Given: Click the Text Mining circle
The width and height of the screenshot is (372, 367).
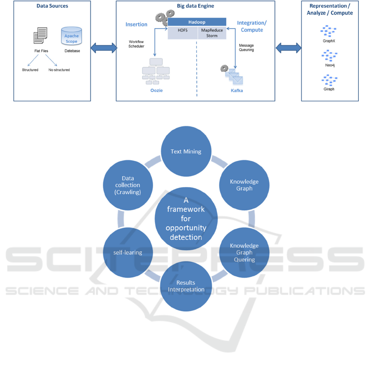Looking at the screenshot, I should [186, 151].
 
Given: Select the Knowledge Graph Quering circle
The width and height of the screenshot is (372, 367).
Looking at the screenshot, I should [244, 252].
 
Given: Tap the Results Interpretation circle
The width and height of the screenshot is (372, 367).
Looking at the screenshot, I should [186, 285].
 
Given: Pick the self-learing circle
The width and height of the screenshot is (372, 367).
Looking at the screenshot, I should [128, 252].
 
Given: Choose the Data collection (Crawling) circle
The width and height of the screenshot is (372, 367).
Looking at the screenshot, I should [128, 185].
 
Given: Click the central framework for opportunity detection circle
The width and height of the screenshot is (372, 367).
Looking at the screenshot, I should [186, 218].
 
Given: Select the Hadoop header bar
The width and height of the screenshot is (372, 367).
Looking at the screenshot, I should [197, 22].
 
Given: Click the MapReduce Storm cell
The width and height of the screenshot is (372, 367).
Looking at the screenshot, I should [211, 33].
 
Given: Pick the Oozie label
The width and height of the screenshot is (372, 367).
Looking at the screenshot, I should [156, 90].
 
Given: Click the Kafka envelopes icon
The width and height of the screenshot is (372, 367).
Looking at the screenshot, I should [233, 77].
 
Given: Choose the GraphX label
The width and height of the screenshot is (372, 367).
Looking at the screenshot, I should [329, 41].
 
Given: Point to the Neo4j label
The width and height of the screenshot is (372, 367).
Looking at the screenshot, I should [329, 65].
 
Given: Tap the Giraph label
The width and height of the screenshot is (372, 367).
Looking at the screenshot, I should [329, 89].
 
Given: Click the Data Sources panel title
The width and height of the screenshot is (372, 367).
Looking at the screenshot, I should [52, 6].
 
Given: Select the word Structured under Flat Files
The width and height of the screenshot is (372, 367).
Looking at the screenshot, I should [30, 70].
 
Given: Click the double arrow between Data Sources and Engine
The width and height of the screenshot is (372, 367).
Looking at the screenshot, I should [103, 47].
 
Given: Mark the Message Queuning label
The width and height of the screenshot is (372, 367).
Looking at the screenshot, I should [246, 48].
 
